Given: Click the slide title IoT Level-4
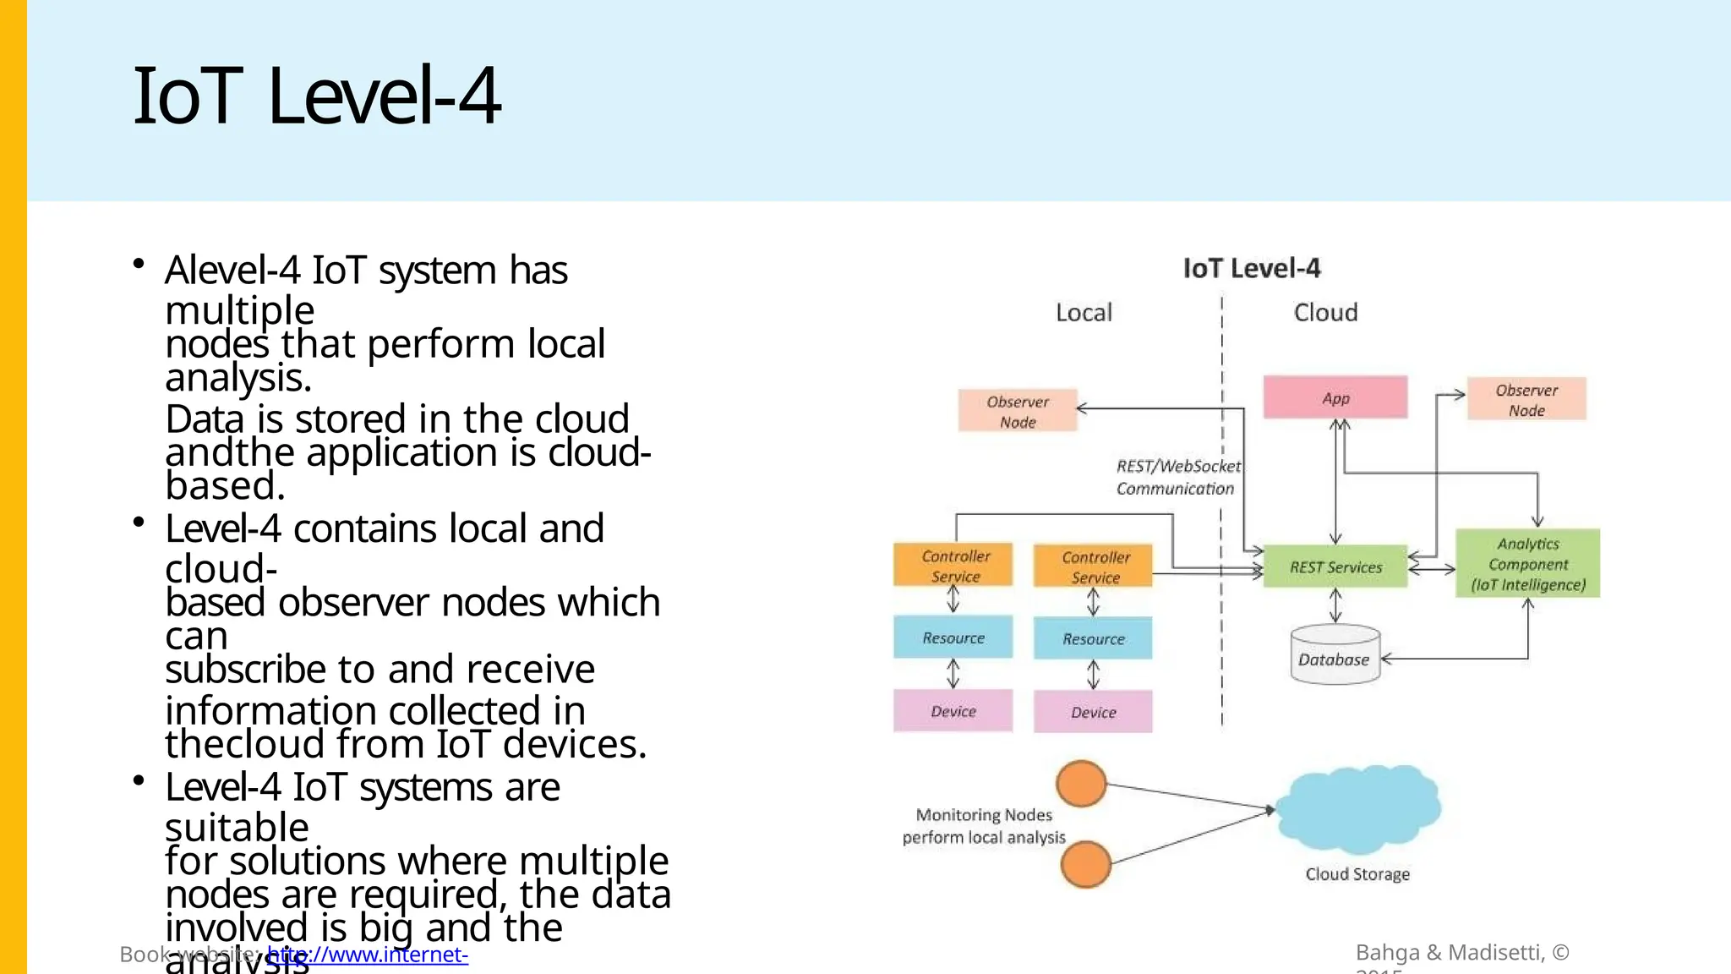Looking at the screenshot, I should (317, 96).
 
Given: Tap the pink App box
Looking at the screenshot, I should (1335, 397).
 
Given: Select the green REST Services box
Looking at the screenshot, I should (1335, 566).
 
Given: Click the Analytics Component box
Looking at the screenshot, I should (1527, 564).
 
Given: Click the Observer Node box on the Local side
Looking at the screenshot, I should (1018, 411).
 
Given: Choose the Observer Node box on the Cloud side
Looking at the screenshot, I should (1526, 399).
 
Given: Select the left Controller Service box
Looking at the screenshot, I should (953, 565).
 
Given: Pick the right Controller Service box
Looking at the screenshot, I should (1094, 566).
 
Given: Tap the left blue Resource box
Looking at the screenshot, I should (953, 637).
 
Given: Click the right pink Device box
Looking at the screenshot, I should (1093, 712).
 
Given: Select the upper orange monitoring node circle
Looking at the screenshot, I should (1082, 784).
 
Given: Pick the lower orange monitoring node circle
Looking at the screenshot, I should (1085, 864).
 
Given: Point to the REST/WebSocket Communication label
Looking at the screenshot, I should (1177, 477).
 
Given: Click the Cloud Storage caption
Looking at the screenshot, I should (1357, 874).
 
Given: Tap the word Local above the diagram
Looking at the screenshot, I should (1084, 313).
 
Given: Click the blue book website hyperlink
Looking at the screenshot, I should (367, 955).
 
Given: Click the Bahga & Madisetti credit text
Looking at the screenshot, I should (1461, 953).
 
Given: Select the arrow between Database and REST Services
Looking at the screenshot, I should (1335, 605).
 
